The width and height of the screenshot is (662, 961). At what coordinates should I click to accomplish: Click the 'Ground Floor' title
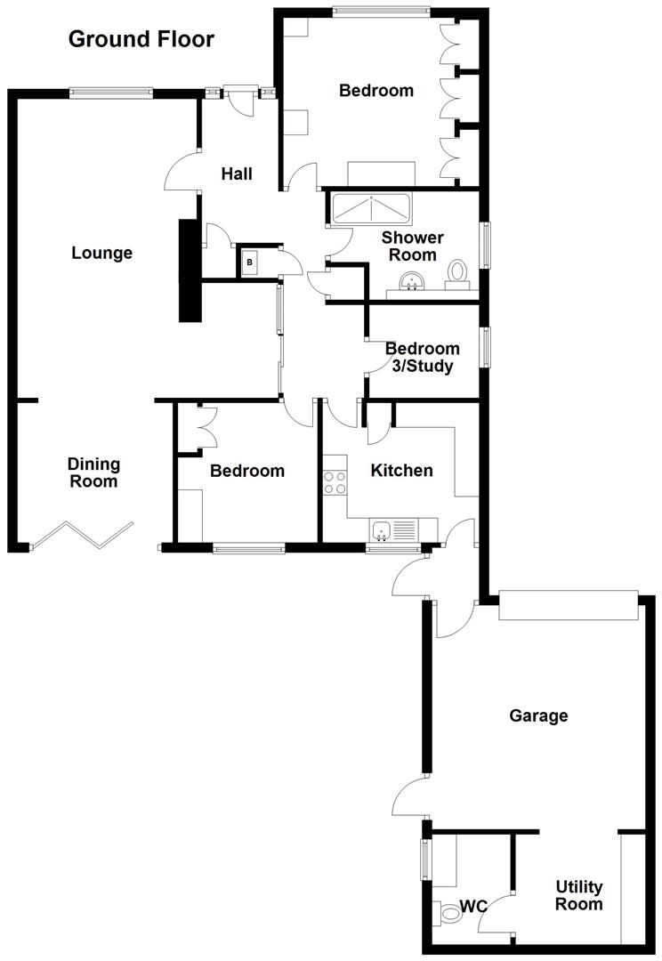pyautogui.click(x=141, y=39)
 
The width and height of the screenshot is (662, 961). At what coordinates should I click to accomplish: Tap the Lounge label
pyautogui.click(x=101, y=253)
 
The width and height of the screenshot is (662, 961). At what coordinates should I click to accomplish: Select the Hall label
pyautogui.click(x=237, y=174)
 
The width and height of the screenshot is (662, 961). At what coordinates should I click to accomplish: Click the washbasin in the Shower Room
pyautogui.click(x=412, y=283)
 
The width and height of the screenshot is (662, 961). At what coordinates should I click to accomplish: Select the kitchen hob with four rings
pyautogui.click(x=335, y=481)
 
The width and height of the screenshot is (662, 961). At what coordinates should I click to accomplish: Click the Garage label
pyautogui.click(x=538, y=715)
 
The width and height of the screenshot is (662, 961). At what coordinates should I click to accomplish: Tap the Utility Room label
pyautogui.click(x=578, y=895)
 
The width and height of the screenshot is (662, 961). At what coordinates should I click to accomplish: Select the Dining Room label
pyautogui.click(x=93, y=472)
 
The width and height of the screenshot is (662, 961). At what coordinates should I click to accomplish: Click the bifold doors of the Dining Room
pyautogui.click(x=82, y=534)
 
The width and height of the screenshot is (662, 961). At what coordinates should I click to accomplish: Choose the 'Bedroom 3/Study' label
pyautogui.click(x=423, y=358)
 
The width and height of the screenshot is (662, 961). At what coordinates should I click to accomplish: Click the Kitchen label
pyautogui.click(x=401, y=471)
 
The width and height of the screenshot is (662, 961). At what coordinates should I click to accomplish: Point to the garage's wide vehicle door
pyautogui.click(x=569, y=606)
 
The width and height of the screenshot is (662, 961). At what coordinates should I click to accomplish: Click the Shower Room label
pyautogui.click(x=413, y=246)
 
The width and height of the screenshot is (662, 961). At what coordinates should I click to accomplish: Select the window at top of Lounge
pyautogui.click(x=110, y=93)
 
